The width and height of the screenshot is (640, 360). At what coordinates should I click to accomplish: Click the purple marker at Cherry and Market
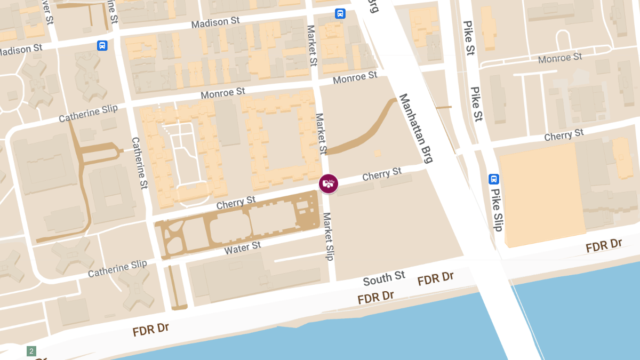pyautogui.click(x=329, y=183)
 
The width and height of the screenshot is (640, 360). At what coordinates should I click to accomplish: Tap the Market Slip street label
pyautogui.click(x=328, y=236)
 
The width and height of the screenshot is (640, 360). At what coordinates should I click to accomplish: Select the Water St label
pyautogui.click(x=243, y=247)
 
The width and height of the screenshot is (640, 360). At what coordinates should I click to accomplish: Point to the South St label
pyautogui.click(x=384, y=278)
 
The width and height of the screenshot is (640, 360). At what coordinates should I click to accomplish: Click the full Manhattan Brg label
pyautogui.click(x=416, y=128)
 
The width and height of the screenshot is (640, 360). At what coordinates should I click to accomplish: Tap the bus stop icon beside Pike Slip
pyautogui.click(x=494, y=179)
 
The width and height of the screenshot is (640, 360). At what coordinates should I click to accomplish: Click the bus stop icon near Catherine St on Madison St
pyautogui.click(x=102, y=45)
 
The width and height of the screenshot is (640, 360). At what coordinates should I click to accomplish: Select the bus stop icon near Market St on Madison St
pyautogui.click(x=340, y=13)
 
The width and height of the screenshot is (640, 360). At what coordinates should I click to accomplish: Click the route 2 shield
pyautogui.click(x=31, y=351)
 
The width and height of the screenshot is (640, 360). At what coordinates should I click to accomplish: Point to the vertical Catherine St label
pyautogui.click(x=139, y=163)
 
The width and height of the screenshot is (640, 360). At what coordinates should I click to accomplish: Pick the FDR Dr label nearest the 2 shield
pyautogui.click(x=151, y=330)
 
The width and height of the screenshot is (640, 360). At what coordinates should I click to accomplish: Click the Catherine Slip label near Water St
pyautogui.click(x=117, y=269)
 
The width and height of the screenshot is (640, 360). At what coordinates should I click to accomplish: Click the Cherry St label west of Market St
pyautogui.click(x=236, y=203)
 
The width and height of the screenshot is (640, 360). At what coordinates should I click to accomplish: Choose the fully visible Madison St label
pyautogui.click(x=215, y=23)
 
